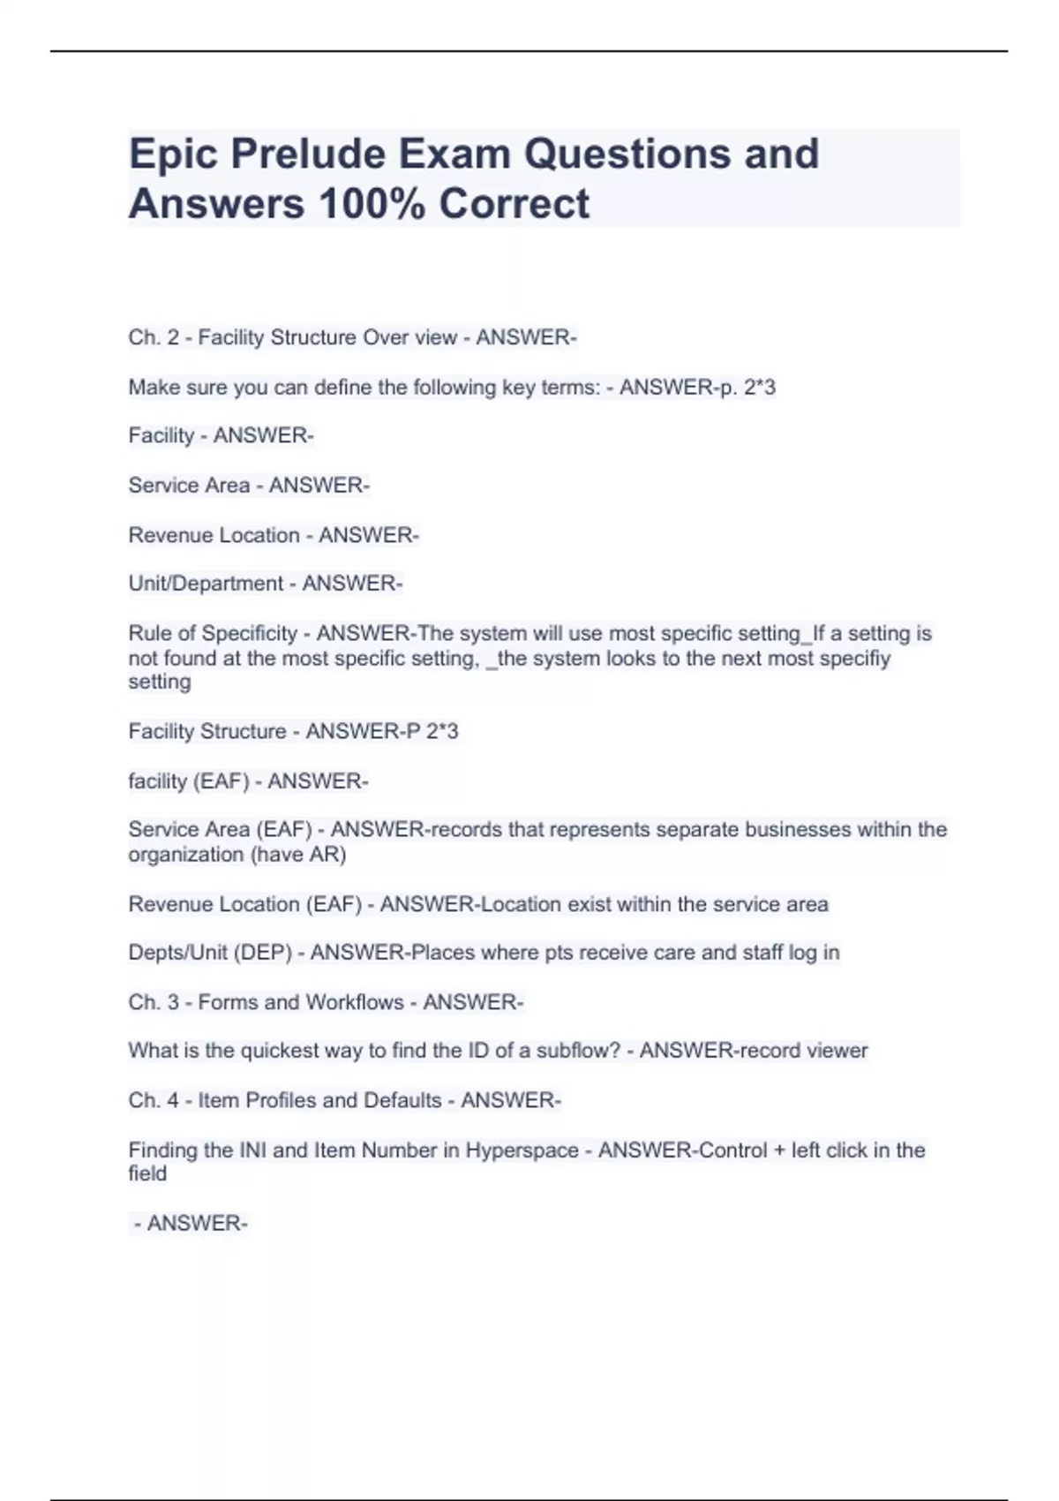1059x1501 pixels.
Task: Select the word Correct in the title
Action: [514, 203]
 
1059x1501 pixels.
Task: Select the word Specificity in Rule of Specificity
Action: [250, 633]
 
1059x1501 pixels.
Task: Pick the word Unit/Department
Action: [206, 584]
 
